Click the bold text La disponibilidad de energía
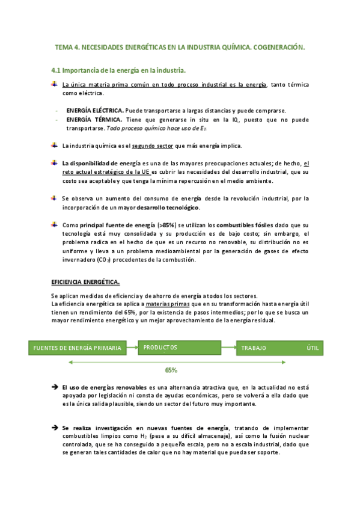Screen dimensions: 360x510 coord(102,164)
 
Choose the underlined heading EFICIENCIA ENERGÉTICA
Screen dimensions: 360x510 coord(85,282)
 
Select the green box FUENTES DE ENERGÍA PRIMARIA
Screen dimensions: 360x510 coord(78,348)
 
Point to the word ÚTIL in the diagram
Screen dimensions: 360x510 coord(313,348)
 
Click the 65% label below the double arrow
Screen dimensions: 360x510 coord(171,370)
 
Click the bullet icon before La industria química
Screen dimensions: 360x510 coord(55,146)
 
